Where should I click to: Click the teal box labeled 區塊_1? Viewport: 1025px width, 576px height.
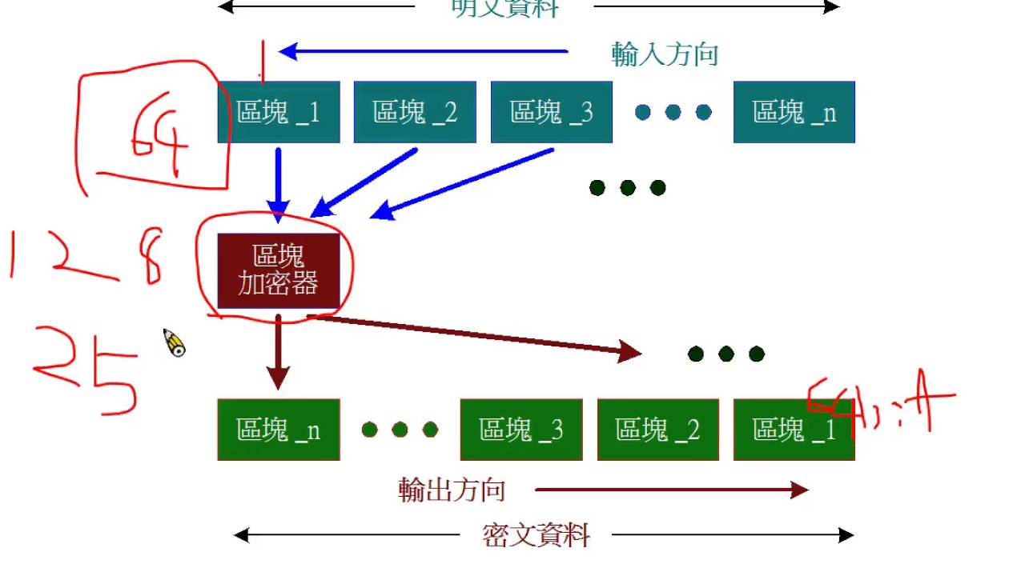[278, 112]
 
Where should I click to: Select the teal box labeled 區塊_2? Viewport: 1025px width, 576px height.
[415, 112]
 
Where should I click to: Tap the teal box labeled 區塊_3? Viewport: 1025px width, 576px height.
[551, 112]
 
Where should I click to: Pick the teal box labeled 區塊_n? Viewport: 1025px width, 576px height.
[794, 112]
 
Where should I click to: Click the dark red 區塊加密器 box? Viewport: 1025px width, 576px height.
[279, 270]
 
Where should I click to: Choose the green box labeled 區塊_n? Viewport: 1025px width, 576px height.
[278, 430]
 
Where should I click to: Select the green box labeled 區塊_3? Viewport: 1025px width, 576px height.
[521, 430]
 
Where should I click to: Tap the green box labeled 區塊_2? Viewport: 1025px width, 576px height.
[657, 430]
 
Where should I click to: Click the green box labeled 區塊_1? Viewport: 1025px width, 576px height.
[794, 430]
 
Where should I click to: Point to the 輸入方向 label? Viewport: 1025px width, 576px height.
[665, 54]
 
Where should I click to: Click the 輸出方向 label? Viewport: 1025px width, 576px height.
[452, 490]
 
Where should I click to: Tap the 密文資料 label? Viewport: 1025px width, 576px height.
[536, 535]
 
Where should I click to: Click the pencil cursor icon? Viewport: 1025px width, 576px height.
[175, 343]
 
